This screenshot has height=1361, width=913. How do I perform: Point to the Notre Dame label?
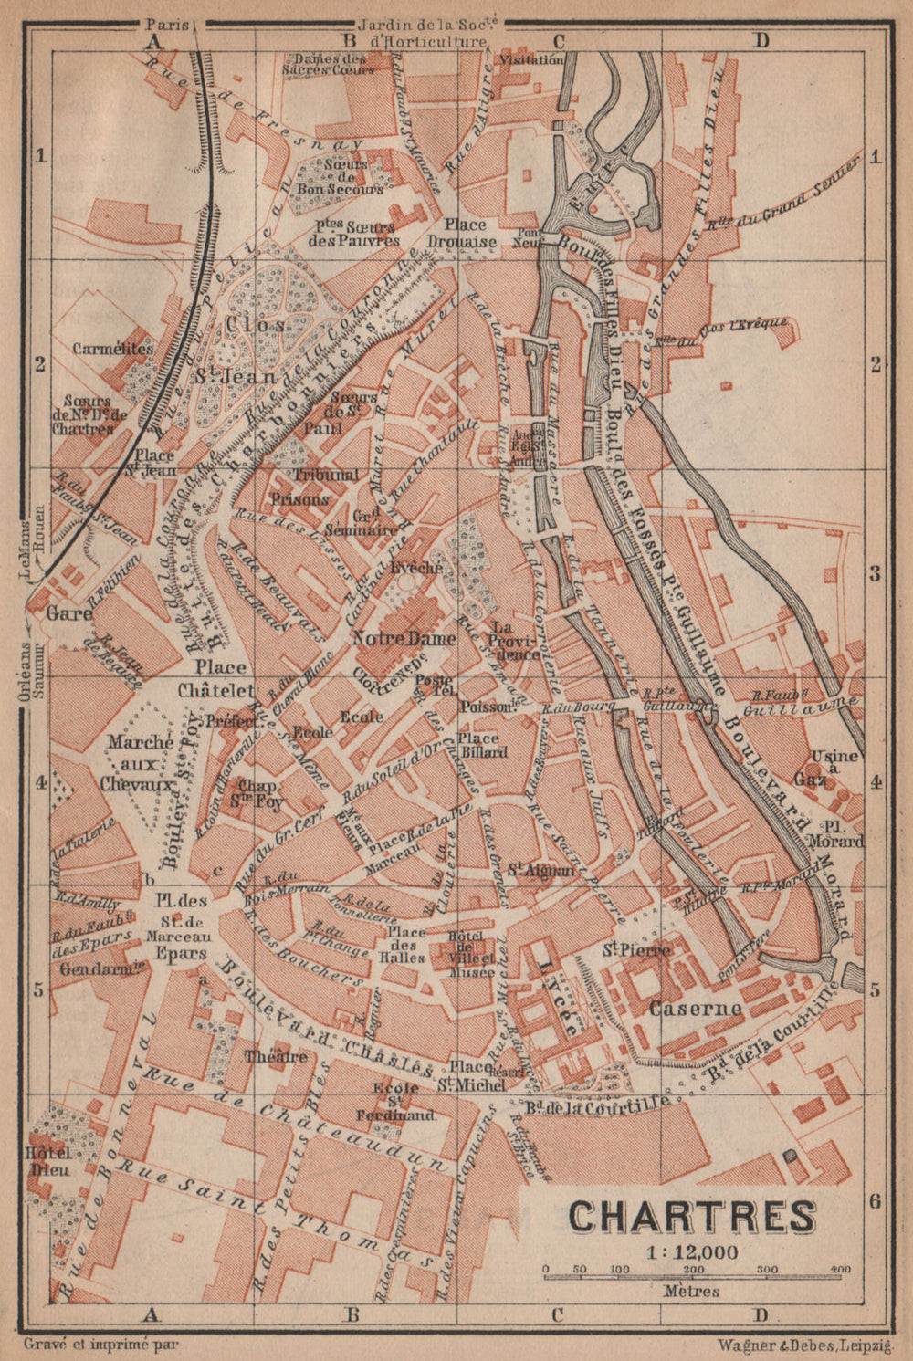pyautogui.click(x=404, y=639)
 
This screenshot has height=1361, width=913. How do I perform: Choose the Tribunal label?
pyautogui.click(x=326, y=476)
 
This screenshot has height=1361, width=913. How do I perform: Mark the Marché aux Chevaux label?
pyautogui.click(x=139, y=763)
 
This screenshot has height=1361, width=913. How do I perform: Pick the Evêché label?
pyautogui.click(x=415, y=567)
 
